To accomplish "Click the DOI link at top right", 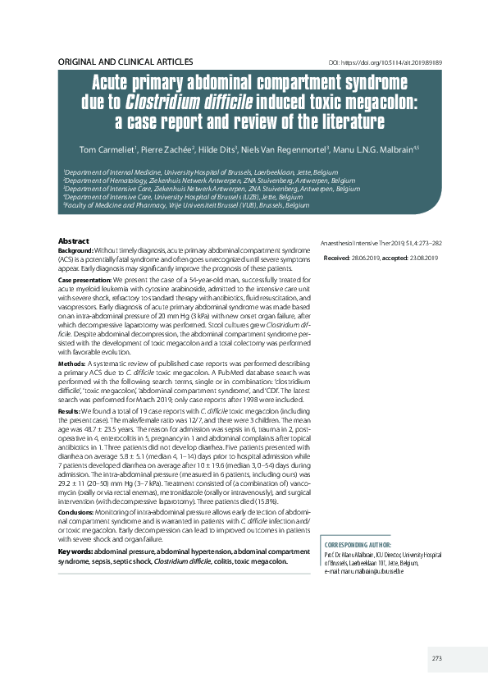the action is [x=385, y=62].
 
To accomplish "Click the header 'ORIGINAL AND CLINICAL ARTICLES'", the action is [x=125, y=62].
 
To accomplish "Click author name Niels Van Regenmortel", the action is [x=285, y=149].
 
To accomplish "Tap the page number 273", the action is [x=437, y=659].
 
